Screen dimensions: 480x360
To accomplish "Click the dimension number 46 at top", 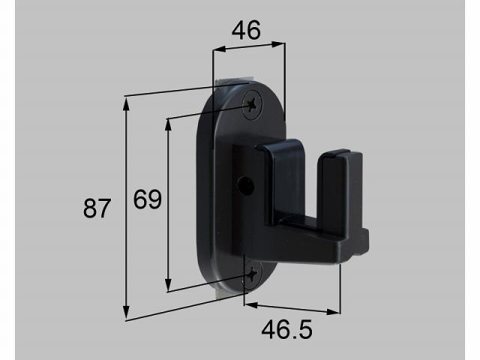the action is tap(246, 30).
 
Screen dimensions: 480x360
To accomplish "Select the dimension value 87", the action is tap(97, 208).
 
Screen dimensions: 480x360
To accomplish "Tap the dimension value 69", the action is tap(147, 199).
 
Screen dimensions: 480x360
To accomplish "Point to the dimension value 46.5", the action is tap(286, 330).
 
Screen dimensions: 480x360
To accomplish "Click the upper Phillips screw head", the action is tap(253, 105).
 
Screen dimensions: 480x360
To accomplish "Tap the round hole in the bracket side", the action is tap(246, 185).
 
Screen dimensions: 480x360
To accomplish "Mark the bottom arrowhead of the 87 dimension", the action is tap(126, 312).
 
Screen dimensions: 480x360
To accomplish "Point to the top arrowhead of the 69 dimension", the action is tap(168, 124).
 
